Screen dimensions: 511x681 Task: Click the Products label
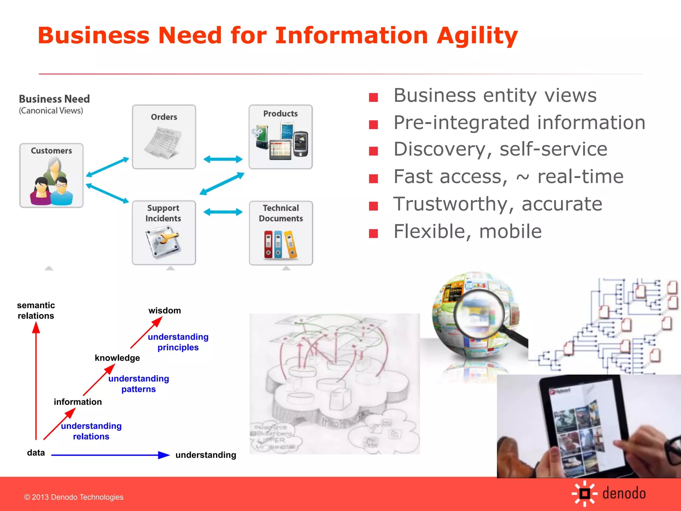[280, 114]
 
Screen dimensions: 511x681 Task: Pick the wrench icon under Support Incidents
[163, 242]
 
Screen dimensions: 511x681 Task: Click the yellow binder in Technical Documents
[291, 245]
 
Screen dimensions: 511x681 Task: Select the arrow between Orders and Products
[223, 159]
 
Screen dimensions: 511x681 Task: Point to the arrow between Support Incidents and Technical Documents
[223, 212]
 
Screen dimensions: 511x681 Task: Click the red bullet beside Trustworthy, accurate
[373, 206]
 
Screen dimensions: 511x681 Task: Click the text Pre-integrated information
[519, 123]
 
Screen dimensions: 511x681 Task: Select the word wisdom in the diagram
[165, 311]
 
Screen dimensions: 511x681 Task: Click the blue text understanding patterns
[139, 384]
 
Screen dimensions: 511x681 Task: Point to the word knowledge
[117, 358]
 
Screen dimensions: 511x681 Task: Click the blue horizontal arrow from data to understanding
[110, 455]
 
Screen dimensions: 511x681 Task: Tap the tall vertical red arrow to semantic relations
[36, 383]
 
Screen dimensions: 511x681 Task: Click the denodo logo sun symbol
[585, 493]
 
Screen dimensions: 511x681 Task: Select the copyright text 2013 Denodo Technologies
[74, 497]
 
